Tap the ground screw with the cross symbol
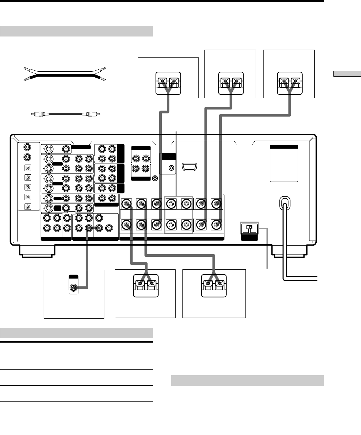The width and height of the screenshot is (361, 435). [x=155, y=179]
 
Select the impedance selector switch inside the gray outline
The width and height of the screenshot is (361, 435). [x=249, y=227]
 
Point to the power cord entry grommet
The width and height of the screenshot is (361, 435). [x=284, y=203]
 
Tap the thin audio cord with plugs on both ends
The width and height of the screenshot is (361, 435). [x=65, y=114]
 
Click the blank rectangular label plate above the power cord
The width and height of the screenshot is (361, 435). [x=284, y=163]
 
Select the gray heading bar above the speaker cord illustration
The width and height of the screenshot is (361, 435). [x=76, y=31]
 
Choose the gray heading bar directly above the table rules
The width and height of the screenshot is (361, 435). [x=76, y=333]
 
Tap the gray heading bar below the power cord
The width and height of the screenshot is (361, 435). [x=247, y=380]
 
